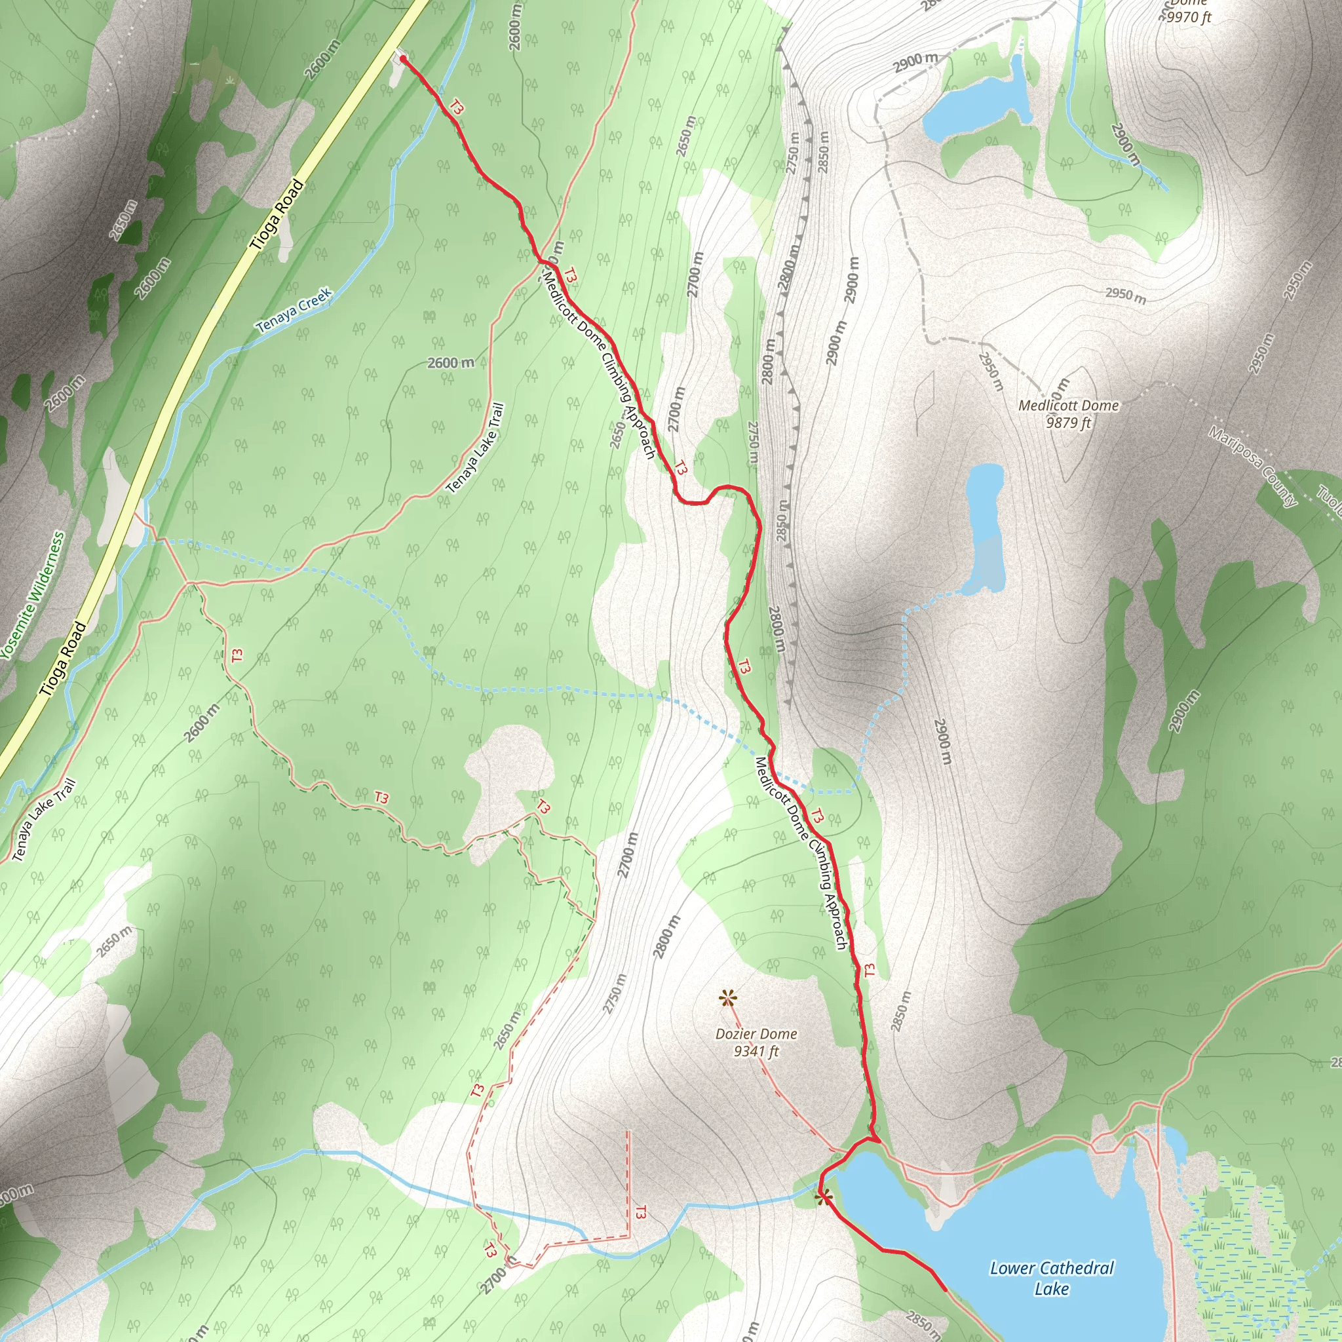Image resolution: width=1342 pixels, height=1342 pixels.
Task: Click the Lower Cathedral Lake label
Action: (1051, 1278)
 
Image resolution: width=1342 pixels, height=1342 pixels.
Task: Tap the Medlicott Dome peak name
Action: (1068, 406)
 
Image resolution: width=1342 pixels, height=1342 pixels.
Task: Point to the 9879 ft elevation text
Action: (1068, 423)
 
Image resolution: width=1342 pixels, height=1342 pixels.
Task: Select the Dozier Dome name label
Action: (756, 1034)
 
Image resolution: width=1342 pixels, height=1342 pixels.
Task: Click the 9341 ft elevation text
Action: (756, 1052)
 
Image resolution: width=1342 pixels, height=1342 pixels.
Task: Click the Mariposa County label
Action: (1252, 467)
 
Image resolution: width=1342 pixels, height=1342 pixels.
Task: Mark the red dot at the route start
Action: (403, 60)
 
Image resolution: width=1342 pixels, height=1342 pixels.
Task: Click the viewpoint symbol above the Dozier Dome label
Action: (727, 999)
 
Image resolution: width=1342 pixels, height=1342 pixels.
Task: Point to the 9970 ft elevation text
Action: (1189, 16)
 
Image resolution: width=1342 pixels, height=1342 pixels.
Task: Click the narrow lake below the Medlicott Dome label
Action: (985, 528)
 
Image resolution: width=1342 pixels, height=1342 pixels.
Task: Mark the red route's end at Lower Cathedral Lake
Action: (945, 1290)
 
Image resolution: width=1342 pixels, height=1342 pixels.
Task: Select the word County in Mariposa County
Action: (1273, 486)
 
